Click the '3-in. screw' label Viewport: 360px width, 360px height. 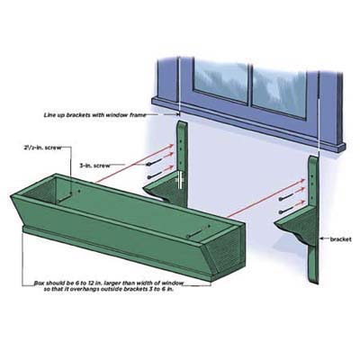point(94,166)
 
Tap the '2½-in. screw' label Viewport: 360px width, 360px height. point(42,148)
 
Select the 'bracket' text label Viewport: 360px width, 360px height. point(340,239)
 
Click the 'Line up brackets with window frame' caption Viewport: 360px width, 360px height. point(95,115)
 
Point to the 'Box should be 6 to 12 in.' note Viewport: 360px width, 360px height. point(108,286)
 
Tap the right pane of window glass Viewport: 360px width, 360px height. point(280,89)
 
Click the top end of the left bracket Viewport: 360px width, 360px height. point(183,121)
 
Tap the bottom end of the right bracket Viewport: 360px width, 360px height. point(314,282)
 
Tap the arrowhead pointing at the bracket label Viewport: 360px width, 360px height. point(322,239)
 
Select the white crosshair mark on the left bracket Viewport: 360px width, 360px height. point(181,180)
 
